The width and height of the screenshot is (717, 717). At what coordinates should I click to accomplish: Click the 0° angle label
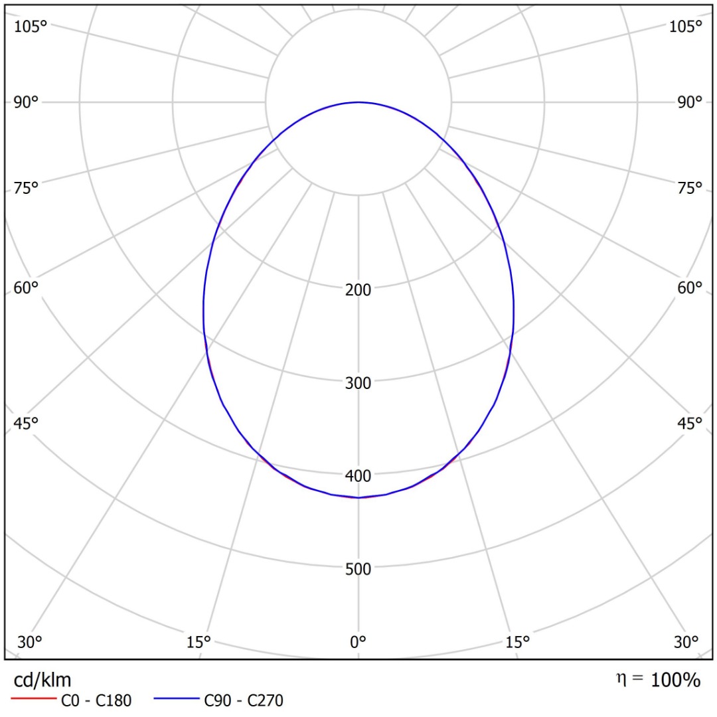coord(358,642)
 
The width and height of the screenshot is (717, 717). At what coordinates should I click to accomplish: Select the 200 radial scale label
coord(358,289)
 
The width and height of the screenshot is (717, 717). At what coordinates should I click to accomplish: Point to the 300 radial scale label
coord(358,382)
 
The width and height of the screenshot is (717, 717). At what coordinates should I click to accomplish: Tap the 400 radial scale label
coord(358,475)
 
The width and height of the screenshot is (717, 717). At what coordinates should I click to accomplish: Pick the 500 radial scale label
coord(358,568)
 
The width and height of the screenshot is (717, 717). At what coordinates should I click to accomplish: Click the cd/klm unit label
coord(42,680)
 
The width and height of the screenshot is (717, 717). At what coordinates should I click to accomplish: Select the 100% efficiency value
coord(675,680)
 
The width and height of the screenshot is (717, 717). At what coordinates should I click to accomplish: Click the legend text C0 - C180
coord(96,700)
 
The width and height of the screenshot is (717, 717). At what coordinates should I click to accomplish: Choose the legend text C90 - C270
coord(244,700)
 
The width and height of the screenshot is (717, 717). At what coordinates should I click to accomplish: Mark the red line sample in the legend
coord(33,700)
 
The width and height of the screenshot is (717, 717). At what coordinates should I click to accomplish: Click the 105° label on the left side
coord(31,27)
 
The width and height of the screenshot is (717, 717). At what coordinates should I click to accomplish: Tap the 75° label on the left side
coord(27,188)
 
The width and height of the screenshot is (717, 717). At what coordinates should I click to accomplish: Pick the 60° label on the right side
coord(689,288)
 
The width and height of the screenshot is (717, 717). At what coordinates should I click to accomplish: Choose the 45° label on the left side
coord(27,424)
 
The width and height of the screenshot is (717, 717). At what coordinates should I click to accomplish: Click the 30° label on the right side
coord(686,642)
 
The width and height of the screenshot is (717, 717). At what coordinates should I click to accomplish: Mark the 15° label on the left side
coord(199,642)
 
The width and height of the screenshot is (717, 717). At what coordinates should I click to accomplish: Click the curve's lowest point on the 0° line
coord(358,497)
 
